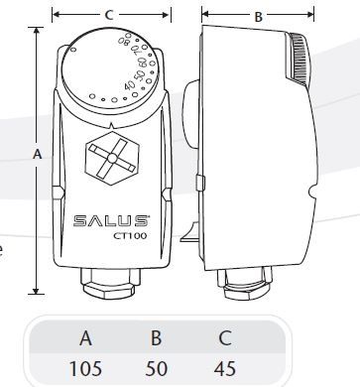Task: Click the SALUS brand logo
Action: point(111,221)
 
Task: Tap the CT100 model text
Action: point(130,236)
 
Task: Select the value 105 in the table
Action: point(85,368)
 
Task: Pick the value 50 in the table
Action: point(156,368)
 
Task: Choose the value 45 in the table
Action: point(225,368)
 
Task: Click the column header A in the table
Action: point(85,337)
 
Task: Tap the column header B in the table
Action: point(156,337)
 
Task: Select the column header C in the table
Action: point(225,337)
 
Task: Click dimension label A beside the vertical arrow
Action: point(38,154)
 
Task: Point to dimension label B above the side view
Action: point(259,17)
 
